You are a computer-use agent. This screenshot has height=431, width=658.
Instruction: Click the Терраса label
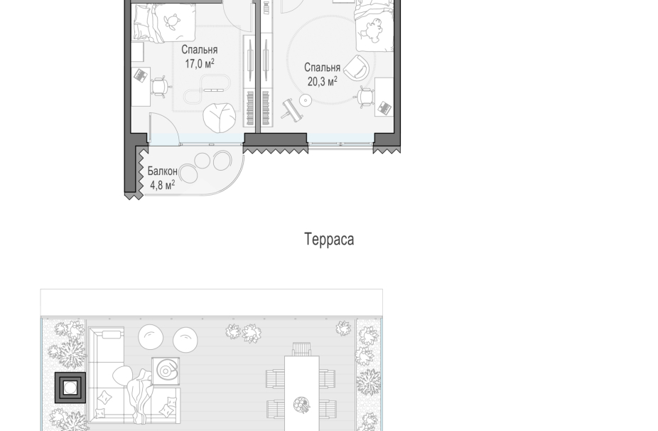coord(329,239)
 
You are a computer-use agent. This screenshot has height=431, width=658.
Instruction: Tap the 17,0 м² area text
coord(199,64)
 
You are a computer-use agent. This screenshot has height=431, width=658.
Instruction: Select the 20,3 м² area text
coord(322,82)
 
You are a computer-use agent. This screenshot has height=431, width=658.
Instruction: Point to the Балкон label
coord(162,171)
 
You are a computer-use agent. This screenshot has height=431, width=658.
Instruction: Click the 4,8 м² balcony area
coord(162,186)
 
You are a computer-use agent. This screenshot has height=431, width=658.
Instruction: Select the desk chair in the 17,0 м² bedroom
coord(160,85)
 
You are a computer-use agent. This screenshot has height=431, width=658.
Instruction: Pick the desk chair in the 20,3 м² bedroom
coord(364,97)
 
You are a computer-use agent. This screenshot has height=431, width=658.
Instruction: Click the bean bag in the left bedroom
coord(216,116)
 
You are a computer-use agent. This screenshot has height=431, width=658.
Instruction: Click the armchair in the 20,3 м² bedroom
coord(356,68)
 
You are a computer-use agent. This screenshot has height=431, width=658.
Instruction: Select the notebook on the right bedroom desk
coord(384,108)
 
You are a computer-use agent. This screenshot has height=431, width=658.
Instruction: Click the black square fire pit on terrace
coord(70,388)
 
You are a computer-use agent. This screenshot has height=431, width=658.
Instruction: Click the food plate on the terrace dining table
coord(301,405)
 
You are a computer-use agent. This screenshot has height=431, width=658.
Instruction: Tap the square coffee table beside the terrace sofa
coord(166,371)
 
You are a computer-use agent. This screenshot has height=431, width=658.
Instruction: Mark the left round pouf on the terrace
coord(151,337)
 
